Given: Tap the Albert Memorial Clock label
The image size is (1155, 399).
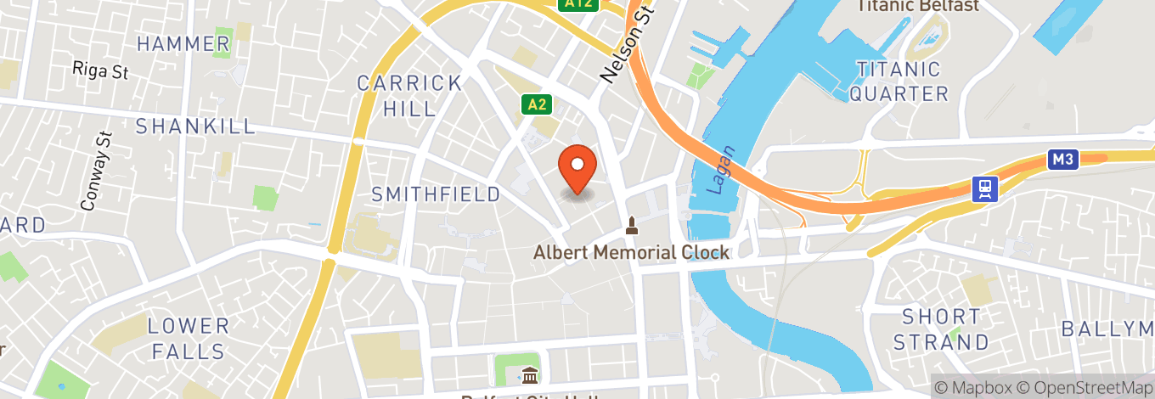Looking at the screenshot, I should (631, 252).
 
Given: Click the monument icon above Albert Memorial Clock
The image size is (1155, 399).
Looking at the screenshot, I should (631, 226).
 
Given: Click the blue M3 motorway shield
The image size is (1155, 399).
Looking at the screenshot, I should (1062, 160).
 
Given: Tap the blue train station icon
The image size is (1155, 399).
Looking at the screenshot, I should (985, 188).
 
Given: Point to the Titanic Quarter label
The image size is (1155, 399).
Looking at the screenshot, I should (899, 81).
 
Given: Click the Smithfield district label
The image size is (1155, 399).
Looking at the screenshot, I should (436, 194).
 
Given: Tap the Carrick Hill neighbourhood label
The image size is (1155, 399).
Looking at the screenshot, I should (409, 96).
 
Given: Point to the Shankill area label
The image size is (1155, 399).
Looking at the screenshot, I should (195, 126).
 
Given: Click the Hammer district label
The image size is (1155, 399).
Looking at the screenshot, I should (183, 43).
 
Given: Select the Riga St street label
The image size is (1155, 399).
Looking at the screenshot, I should (100, 70).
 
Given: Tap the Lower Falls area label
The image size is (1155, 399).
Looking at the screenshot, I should (189, 338).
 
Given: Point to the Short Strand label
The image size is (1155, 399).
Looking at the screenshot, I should (941, 329).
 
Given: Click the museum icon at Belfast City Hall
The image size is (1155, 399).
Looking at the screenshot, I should (530, 374).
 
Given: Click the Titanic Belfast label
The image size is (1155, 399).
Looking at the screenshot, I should (917, 6).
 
